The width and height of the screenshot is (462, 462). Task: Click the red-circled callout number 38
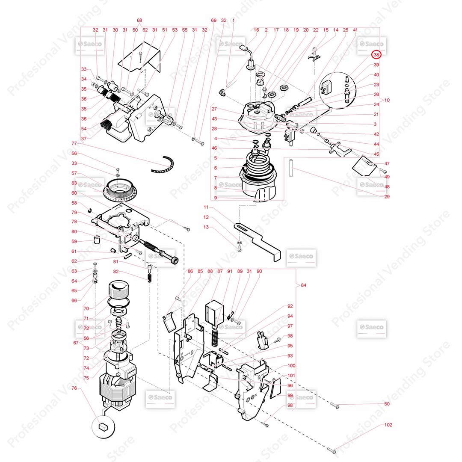coord(376,55)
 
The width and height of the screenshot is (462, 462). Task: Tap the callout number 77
coord(74,143)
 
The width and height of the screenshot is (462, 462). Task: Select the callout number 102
coord(388,425)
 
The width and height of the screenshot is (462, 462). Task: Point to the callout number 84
coord(304,285)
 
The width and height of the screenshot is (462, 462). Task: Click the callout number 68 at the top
coord(139,21)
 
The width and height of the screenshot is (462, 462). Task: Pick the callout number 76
coord(74,388)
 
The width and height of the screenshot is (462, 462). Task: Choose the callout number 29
coord(387,197)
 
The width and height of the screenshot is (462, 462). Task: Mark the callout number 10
coord(387,100)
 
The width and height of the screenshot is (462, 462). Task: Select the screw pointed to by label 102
coord(333,450)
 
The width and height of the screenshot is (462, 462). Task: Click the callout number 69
coord(214,21)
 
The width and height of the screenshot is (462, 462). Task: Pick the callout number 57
coord(74,173)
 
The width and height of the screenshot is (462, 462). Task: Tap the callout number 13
coord(206,227)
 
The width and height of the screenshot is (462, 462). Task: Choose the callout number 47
coord(387,164)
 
